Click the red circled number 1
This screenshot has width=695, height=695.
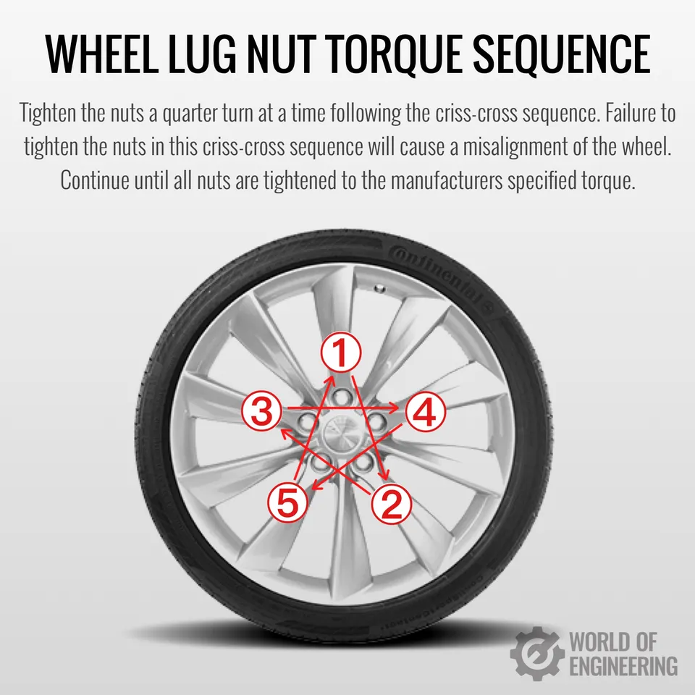341,353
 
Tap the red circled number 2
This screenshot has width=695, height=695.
392,504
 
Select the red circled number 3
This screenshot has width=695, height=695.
262,410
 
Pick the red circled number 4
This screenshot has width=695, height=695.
426,412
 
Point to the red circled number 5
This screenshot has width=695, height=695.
287,502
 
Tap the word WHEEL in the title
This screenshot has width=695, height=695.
101,54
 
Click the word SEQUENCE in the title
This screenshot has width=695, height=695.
562,54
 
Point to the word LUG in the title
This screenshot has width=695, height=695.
202,54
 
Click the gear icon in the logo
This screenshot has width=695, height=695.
537,653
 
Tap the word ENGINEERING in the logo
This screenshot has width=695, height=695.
623,666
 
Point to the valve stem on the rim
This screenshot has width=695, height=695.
379,289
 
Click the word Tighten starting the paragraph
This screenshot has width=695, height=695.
48,114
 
